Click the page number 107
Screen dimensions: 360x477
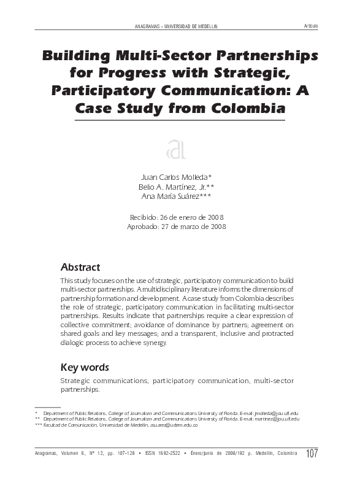point(312,454)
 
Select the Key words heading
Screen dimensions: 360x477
point(85,367)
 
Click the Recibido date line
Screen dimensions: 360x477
point(177,217)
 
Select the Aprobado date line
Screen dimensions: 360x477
point(177,227)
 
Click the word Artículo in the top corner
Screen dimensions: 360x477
point(310,26)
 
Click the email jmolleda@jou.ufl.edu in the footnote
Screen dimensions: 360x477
point(276,414)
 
